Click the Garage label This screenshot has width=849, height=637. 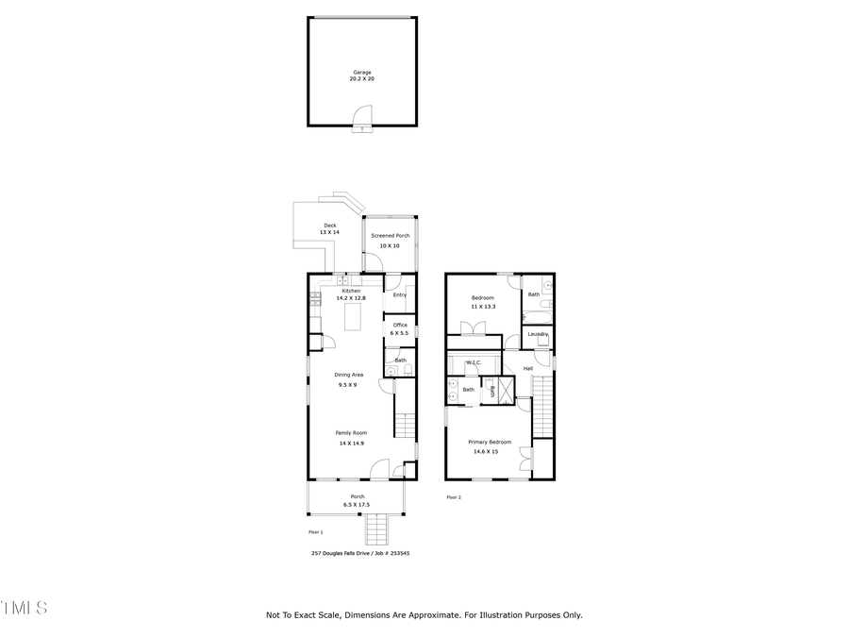coord(362,73)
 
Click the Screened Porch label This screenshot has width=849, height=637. coord(390,236)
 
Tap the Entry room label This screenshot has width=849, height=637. coord(400,295)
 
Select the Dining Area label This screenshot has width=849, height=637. coord(348,375)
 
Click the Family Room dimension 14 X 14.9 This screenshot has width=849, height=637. coord(349,443)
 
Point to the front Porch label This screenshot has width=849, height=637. coord(358,496)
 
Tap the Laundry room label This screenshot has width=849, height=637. coord(539,334)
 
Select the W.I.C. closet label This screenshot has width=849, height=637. coord(474,362)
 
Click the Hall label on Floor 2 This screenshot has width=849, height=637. coord(528,368)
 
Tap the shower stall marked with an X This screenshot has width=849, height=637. coord(506,390)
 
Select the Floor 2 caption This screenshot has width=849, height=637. coord(454,497)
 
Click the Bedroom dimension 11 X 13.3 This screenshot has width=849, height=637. coord(483,307)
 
